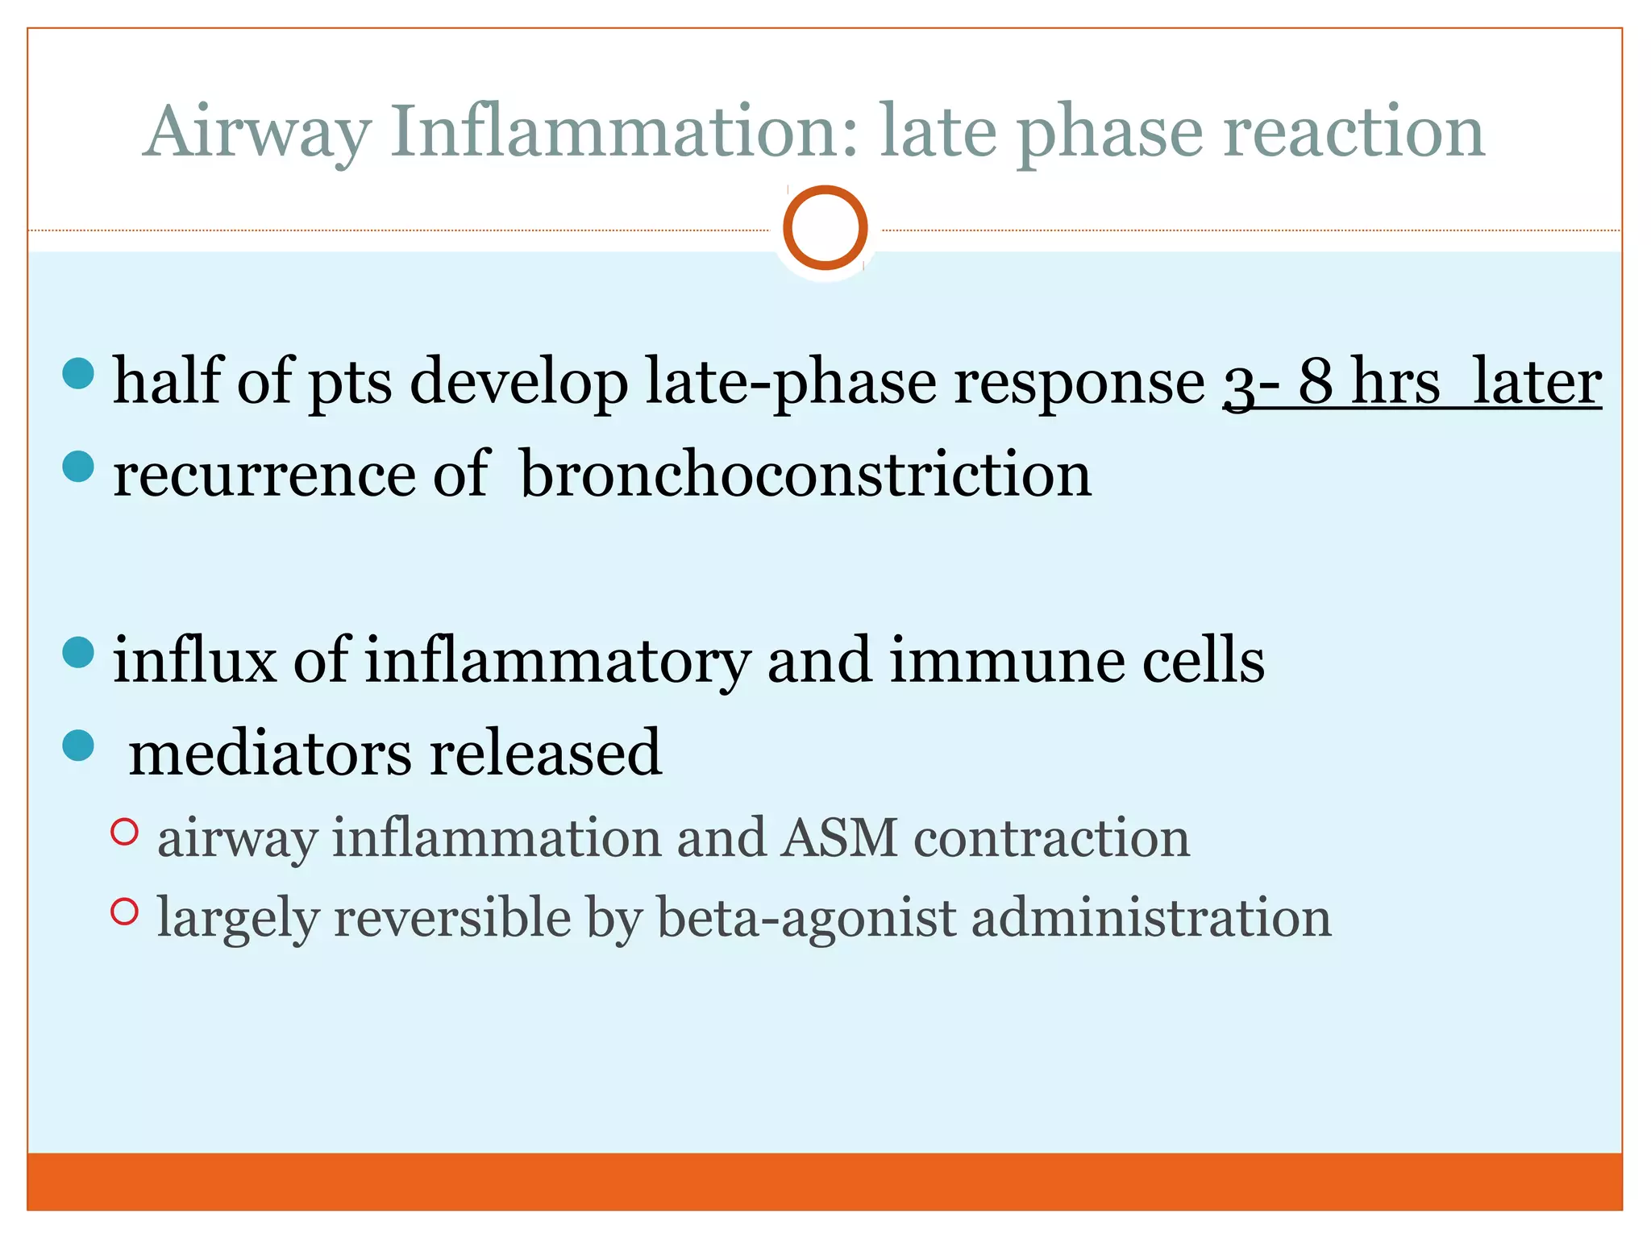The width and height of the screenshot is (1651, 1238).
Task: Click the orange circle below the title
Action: pos(825,227)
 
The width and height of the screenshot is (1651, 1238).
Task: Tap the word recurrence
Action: pos(264,476)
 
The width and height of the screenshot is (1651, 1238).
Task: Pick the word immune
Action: pos(1006,660)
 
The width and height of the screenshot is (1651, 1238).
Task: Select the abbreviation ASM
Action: pos(839,837)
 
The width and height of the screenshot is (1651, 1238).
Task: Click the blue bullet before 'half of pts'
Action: pos(78,373)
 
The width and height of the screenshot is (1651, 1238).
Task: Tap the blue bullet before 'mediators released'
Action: pos(78,746)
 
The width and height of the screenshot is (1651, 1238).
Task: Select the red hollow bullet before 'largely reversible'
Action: pos(124,912)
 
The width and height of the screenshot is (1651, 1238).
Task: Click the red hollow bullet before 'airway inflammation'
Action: pos(124,832)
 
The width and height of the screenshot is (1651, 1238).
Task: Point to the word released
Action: pos(545,753)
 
